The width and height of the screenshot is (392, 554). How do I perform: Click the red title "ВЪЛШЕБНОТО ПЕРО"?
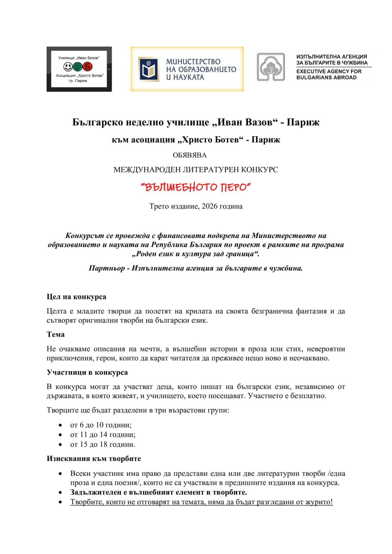coord(196,187)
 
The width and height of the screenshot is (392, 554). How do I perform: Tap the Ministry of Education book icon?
coord(148,69)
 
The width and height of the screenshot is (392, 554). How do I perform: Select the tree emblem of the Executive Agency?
coord(271,67)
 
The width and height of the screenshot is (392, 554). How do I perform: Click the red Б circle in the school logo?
coord(88,67)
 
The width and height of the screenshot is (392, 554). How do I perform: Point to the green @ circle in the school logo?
coord(78,67)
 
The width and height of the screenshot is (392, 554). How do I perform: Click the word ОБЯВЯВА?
coord(190,155)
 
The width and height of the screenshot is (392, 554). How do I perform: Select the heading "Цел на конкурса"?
coord(77,297)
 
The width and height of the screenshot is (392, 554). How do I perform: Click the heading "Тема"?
coord(56,334)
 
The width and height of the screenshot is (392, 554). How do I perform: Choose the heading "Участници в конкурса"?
coord(87,372)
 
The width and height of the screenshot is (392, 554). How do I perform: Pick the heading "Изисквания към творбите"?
coord(94,458)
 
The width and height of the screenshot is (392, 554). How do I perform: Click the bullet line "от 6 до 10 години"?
coord(101,425)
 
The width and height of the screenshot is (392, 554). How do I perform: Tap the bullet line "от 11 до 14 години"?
coord(103,435)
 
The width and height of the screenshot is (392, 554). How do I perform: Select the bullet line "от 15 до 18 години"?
coord(103,444)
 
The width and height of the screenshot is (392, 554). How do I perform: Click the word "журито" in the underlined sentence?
coord(319,502)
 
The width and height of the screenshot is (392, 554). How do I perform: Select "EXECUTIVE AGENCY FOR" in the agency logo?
coord(328,71)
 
